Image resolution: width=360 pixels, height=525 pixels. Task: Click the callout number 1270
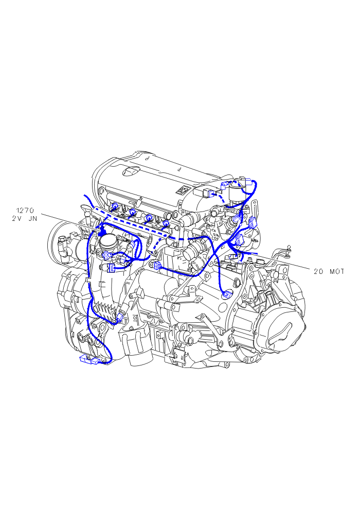(25, 211)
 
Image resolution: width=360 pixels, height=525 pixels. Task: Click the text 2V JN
(24, 219)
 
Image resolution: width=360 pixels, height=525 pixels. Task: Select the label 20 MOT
(329, 272)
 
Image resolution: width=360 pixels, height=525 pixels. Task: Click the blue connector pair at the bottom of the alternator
(89, 360)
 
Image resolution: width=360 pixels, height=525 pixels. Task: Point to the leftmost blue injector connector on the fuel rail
(115, 206)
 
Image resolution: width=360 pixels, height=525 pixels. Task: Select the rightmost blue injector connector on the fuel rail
(165, 223)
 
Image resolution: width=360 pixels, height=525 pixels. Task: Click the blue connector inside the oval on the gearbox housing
(227, 294)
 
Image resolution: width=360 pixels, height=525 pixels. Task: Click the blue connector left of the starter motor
(156, 265)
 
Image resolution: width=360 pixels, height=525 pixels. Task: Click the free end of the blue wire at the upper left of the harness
(84, 195)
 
